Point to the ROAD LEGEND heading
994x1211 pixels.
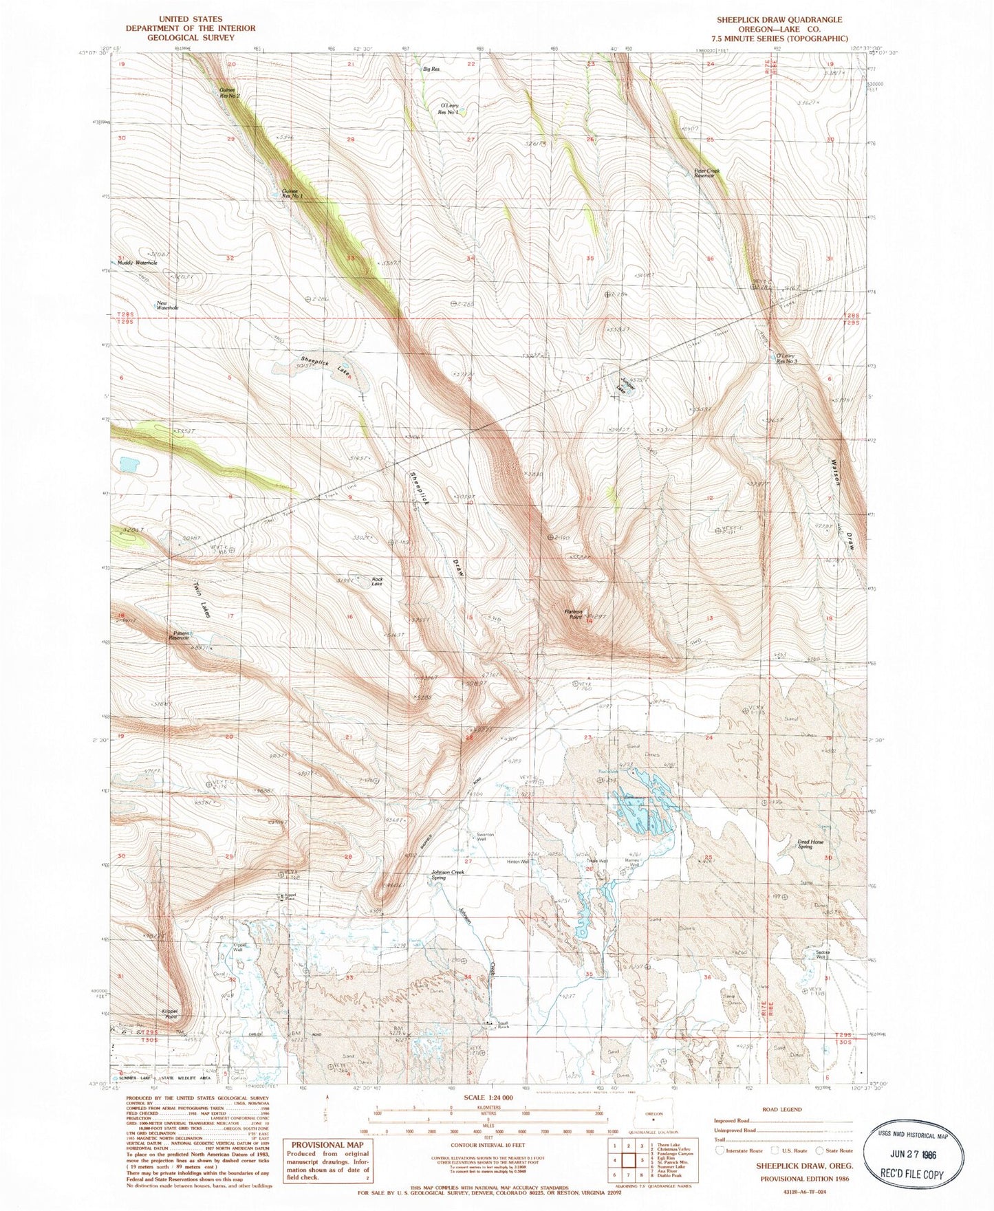(783, 1109)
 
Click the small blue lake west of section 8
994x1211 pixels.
(129, 465)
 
